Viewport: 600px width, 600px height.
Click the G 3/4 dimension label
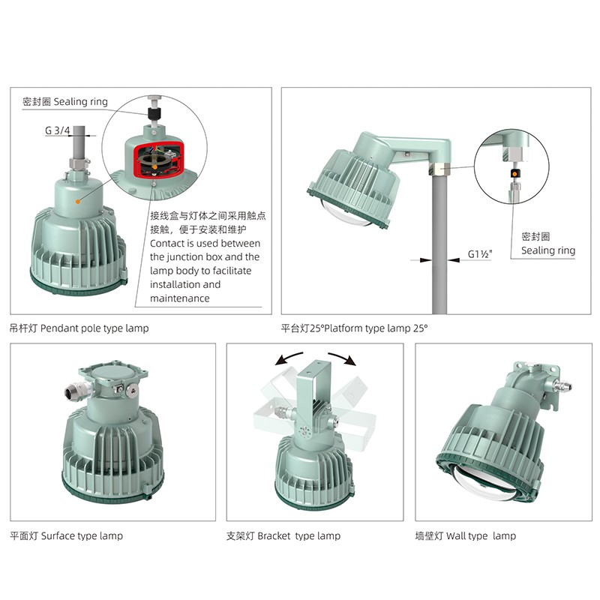coord(58,130)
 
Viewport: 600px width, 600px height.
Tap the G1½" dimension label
coord(480,254)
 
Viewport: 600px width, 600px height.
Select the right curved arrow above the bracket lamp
coord(343,358)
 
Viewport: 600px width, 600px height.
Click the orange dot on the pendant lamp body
coord(78,201)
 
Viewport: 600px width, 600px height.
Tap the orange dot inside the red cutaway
coord(154,167)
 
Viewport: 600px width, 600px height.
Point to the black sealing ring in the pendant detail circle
coord(154,113)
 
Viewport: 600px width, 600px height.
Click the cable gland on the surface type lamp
coord(77,390)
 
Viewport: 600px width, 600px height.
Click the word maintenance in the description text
coord(179,298)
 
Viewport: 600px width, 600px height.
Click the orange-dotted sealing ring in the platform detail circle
coord(514,174)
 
